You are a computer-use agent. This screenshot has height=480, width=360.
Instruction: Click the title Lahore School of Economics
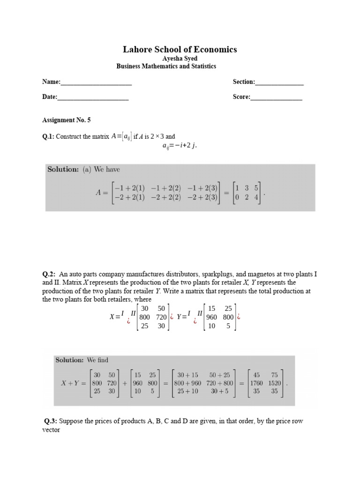[x=180, y=49]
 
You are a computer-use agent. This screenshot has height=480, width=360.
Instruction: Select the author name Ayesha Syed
[x=180, y=59]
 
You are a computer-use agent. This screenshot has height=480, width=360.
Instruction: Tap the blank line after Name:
[x=96, y=83]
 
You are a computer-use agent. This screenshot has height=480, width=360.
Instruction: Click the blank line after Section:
[x=279, y=83]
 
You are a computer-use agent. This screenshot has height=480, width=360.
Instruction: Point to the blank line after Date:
[x=93, y=98]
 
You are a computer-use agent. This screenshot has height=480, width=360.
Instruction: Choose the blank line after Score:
[x=277, y=98]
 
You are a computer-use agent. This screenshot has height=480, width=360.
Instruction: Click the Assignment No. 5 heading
[x=66, y=120]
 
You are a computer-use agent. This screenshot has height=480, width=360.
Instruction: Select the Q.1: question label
[x=48, y=136]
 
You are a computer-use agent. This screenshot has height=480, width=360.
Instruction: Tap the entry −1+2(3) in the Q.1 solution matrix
[x=202, y=187]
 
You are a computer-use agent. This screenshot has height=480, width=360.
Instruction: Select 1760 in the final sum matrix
[x=256, y=382]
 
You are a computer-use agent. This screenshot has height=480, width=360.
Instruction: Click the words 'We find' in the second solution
[x=97, y=360]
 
